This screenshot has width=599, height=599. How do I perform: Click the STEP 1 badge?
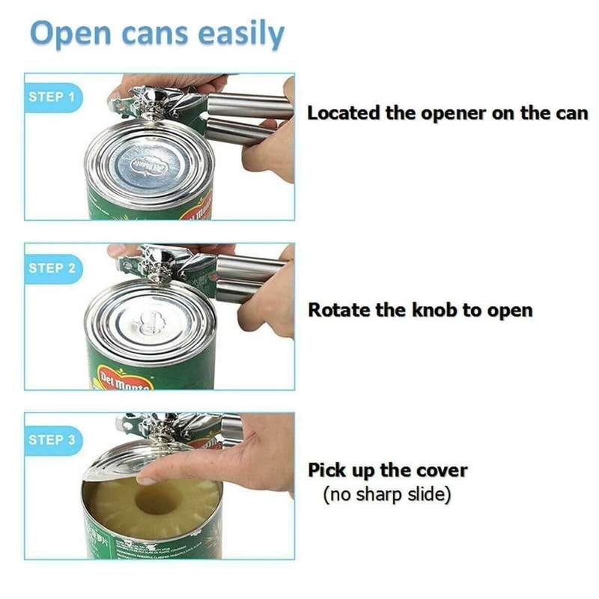51,97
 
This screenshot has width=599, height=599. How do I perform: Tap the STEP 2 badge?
51,267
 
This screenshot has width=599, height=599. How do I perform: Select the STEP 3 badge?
51,440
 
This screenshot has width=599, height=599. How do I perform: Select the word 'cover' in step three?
441,471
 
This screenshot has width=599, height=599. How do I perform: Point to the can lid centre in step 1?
150,166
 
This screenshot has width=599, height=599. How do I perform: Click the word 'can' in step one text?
571,113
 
